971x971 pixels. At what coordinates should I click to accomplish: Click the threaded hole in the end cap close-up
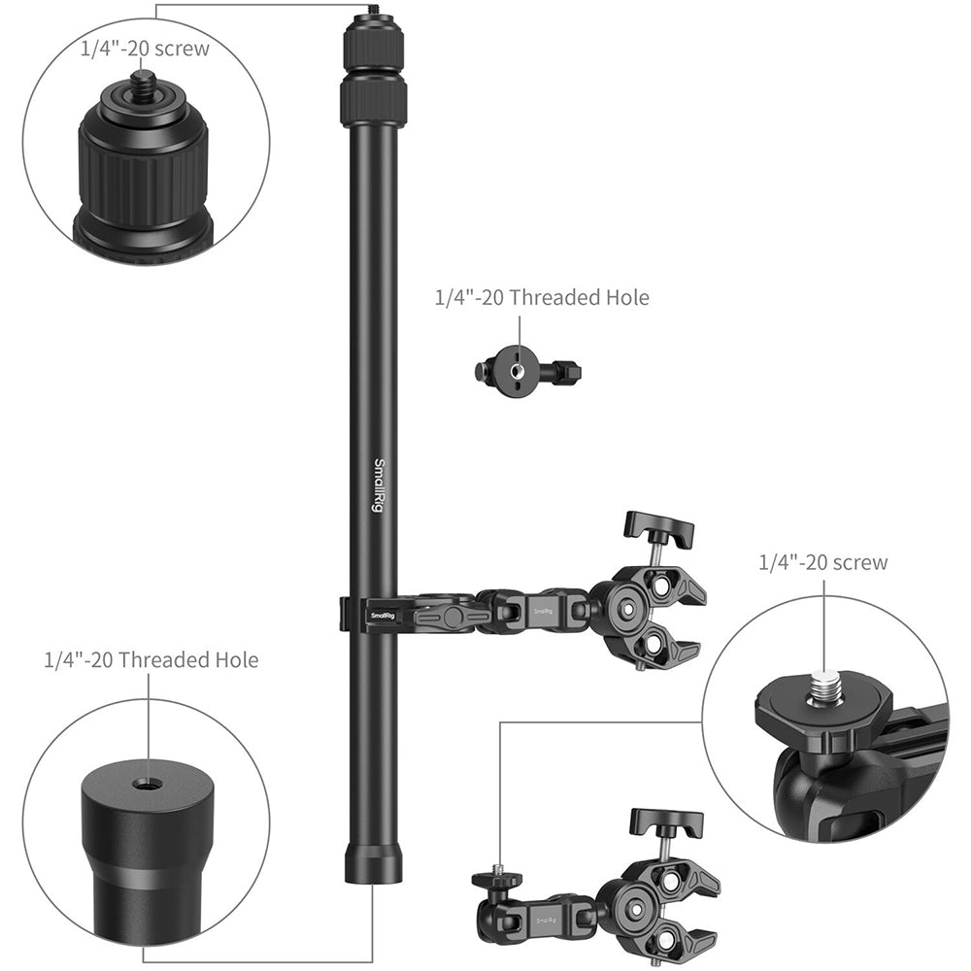(x=148, y=782)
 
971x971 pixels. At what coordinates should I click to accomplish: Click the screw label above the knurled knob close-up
(x=144, y=49)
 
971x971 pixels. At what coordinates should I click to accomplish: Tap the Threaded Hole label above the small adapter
(x=541, y=297)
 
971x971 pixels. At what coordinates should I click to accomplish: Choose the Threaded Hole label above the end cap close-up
(x=151, y=660)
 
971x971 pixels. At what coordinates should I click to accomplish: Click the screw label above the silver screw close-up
(x=823, y=561)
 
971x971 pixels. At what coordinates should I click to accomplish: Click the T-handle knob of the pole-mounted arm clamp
(x=659, y=530)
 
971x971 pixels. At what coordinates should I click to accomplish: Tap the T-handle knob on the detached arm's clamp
(x=666, y=823)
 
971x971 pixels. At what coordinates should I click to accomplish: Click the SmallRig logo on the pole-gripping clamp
(x=383, y=615)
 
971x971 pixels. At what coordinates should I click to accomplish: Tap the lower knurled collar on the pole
(x=373, y=100)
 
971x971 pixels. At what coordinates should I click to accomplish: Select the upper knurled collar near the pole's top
(x=373, y=45)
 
